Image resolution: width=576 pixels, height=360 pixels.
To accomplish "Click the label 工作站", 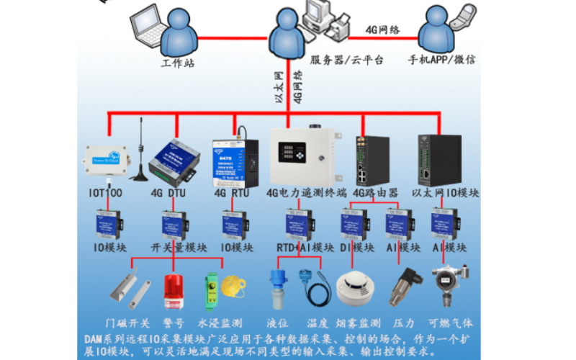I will [178, 62].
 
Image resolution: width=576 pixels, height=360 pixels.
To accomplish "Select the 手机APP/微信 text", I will [441, 60].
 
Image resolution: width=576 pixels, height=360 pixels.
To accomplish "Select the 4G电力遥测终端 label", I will [306, 193].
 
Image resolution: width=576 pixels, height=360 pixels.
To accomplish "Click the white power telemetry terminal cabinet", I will [303, 156].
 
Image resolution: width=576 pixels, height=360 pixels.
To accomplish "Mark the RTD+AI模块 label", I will [305, 248].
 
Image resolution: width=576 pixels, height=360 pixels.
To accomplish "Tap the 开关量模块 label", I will [178, 248].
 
